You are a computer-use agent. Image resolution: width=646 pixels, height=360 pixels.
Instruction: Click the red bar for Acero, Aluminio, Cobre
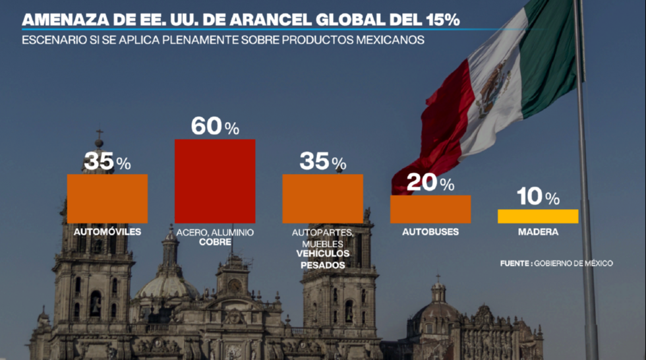pyautogui.click(x=215, y=181)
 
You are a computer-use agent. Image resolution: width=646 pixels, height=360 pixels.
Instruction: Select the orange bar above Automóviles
pyautogui.click(x=107, y=198)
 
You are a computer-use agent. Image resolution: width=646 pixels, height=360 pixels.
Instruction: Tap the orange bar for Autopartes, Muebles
pyautogui.click(x=322, y=198)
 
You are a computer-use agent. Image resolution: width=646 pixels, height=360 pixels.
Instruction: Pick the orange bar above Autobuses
pyautogui.click(x=430, y=209)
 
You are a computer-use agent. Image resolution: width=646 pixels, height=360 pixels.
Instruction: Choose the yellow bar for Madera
pyautogui.click(x=538, y=216)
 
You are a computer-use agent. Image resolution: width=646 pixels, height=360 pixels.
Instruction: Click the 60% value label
pyautogui.click(x=215, y=126)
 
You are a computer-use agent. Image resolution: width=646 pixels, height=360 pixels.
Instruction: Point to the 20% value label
pyautogui.click(x=430, y=183)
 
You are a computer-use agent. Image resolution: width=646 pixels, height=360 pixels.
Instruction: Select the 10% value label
pyautogui.click(x=538, y=196)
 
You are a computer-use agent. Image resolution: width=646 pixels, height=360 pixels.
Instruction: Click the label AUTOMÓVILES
pyautogui.click(x=107, y=232)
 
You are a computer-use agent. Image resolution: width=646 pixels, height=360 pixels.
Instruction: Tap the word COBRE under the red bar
pyautogui.click(x=215, y=243)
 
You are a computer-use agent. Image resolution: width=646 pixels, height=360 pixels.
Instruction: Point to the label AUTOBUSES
pyautogui.click(x=430, y=232)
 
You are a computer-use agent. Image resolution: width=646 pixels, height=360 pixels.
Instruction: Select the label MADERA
pyautogui.click(x=538, y=232)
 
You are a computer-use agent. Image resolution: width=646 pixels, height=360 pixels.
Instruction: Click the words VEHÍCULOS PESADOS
pyautogui.click(x=322, y=259)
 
